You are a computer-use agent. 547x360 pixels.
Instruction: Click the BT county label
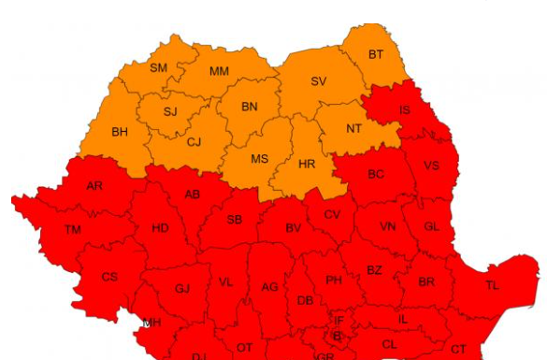tap(375, 54)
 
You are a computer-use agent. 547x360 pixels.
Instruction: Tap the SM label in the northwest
tap(159, 67)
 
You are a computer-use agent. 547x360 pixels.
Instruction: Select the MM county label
tap(219, 71)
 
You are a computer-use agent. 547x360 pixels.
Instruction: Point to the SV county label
tap(318, 81)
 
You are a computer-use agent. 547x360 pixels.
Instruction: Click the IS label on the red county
tap(404, 109)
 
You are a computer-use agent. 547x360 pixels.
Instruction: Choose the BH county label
tap(120, 132)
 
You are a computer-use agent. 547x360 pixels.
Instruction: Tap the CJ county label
tap(194, 142)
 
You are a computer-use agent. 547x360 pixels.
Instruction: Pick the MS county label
tap(259, 159)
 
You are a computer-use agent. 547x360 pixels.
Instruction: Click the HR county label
tap(307, 164)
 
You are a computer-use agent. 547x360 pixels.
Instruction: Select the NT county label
tap(353, 128)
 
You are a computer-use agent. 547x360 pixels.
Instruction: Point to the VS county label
tap(431, 166)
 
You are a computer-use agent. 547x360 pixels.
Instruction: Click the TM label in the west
tap(73, 229)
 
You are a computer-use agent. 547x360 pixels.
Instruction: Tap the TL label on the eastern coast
tap(492, 284)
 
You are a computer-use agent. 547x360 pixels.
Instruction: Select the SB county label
tap(235, 220)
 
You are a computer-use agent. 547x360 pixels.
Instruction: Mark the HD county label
tap(160, 228)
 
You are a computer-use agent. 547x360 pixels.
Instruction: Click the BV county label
tap(294, 227)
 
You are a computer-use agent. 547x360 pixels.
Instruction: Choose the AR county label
tap(94, 186)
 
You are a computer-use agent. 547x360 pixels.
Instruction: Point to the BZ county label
tap(374, 270)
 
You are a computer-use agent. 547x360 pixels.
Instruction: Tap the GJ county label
tap(181, 289)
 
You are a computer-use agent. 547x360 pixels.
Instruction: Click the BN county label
tap(249, 107)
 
